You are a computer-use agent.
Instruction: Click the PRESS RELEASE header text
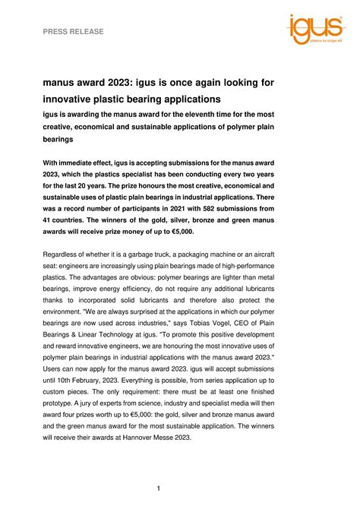(x=74, y=31)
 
